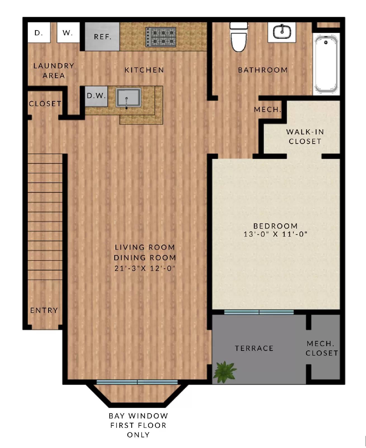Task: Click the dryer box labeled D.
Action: pos(39,32)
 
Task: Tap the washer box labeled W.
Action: pos(68,32)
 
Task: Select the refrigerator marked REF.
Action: pos(102,37)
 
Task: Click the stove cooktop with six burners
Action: pos(160,37)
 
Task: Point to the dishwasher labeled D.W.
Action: pos(96,96)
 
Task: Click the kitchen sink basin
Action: pos(128,97)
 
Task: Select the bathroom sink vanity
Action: pos(282,32)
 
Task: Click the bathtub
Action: pos(326,64)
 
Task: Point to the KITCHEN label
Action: pos(144,70)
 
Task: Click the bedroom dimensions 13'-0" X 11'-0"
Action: pos(275,234)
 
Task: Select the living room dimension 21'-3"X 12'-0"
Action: pos(145,268)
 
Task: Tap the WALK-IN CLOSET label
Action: pos(305,136)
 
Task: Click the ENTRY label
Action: pos(44,310)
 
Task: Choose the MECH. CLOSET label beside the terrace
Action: pos(322,348)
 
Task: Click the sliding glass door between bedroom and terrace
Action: pos(259,312)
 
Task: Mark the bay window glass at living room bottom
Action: pos(137,382)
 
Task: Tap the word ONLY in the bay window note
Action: pos(138,435)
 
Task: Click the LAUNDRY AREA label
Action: pos(54,71)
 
